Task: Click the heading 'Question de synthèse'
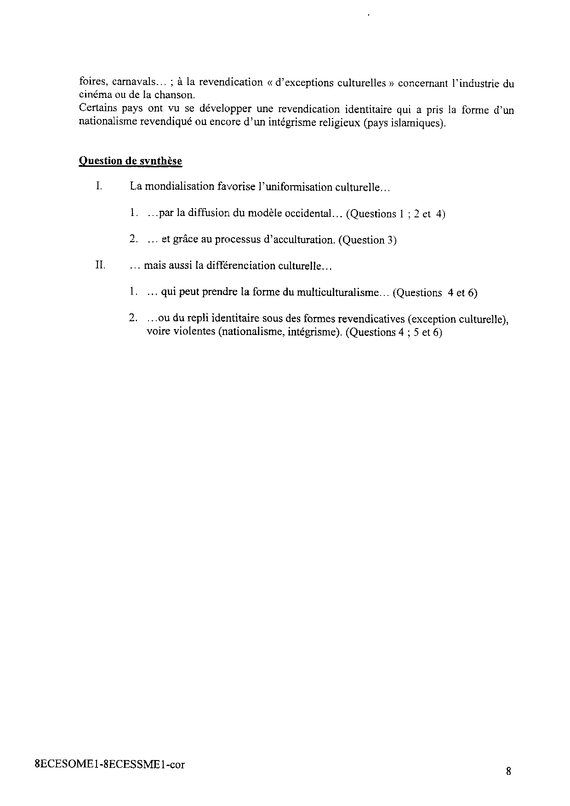point(131,161)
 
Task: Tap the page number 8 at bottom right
point(508,771)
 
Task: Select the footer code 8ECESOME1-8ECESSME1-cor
point(110,765)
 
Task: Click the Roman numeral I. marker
point(98,186)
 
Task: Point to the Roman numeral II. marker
point(100,265)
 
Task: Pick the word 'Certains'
point(97,109)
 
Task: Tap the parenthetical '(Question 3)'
point(367,240)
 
